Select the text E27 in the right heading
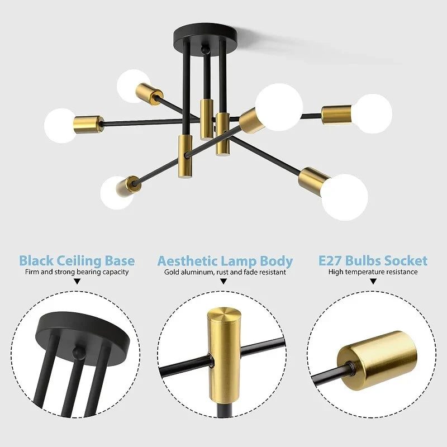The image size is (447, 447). pyautogui.click(x=330, y=261)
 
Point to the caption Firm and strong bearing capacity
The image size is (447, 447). pyautogui.click(x=77, y=272)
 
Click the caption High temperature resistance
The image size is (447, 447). pyautogui.click(x=373, y=272)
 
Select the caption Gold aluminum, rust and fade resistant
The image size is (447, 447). pyautogui.click(x=225, y=272)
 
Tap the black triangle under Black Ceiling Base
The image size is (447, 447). pyautogui.click(x=77, y=282)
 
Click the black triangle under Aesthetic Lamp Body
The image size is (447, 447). pyautogui.click(x=224, y=282)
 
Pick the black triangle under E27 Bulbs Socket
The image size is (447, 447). pyautogui.click(x=373, y=282)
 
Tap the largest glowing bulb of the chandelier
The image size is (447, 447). pyautogui.click(x=279, y=107)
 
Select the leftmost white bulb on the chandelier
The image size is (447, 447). pyautogui.click(x=60, y=125)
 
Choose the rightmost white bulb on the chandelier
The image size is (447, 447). pyautogui.click(x=373, y=113)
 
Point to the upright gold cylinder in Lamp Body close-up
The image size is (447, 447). pyautogui.click(x=223, y=352)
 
